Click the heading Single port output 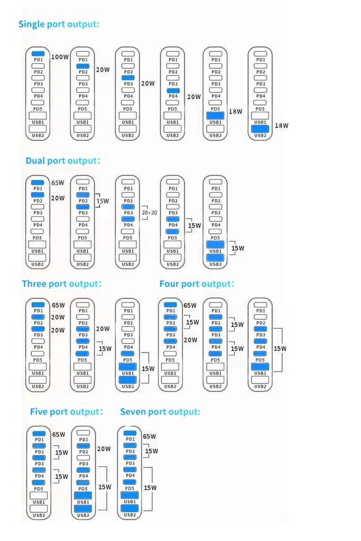(59, 24)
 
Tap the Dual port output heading (63, 161)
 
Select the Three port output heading (62, 284)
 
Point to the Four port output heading (197, 284)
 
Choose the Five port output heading (66, 412)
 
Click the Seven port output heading (160, 412)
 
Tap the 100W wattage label (60, 57)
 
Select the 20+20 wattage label (149, 212)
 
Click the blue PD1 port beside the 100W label (38, 53)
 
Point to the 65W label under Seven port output (150, 437)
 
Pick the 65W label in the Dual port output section (58, 183)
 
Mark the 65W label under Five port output (59, 434)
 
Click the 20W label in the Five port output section (104, 449)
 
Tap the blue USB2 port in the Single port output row (260, 128)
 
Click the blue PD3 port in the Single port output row (128, 77)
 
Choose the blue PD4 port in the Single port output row (173, 90)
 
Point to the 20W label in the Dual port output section (58, 198)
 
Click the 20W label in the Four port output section (191, 340)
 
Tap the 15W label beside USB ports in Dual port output (238, 248)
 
